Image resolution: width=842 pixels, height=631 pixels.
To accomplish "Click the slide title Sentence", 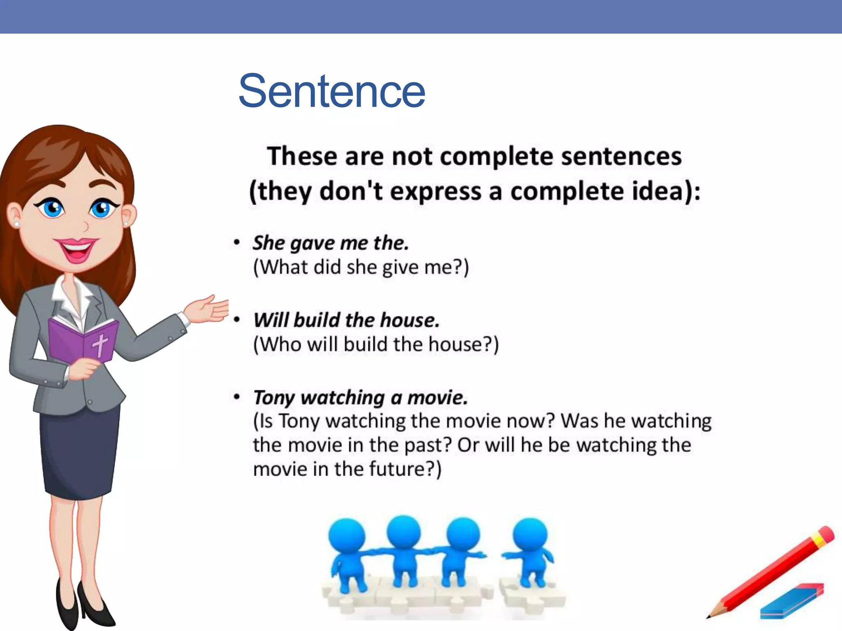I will coord(331,91).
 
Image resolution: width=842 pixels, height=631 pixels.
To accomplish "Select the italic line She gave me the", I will coord(331,243).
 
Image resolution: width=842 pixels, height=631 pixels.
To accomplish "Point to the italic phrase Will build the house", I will coord(346,320).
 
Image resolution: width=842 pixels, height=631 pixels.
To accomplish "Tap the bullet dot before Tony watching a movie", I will coord(236,397).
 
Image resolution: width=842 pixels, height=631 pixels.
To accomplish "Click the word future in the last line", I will coord(396,469).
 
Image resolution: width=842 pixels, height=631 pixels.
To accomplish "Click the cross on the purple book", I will coord(100,344).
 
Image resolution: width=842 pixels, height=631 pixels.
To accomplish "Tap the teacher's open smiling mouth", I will coord(76,249).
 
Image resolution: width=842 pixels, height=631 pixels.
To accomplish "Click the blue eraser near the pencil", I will coord(791,601).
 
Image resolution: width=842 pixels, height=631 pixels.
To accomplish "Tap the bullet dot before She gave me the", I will coord(236,242).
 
